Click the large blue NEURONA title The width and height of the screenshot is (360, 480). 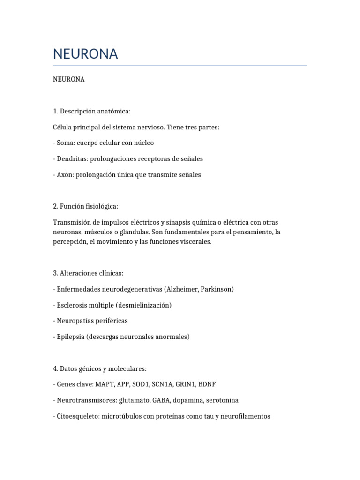coord(85,54)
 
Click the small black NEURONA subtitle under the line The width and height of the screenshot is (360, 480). coord(69,79)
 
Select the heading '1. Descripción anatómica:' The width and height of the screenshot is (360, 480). coord(91,111)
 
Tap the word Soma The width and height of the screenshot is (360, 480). coord(66,142)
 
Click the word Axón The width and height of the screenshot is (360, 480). coord(65,174)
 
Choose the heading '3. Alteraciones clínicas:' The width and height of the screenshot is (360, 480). coord(88,273)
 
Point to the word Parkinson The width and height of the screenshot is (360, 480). coord(216,289)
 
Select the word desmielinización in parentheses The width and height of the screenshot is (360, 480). coord(144,305)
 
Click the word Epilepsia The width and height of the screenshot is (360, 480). coord(70,337)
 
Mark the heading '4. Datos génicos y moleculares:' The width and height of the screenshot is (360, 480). coord(100,369)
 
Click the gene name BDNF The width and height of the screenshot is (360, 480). coord(207,384)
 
